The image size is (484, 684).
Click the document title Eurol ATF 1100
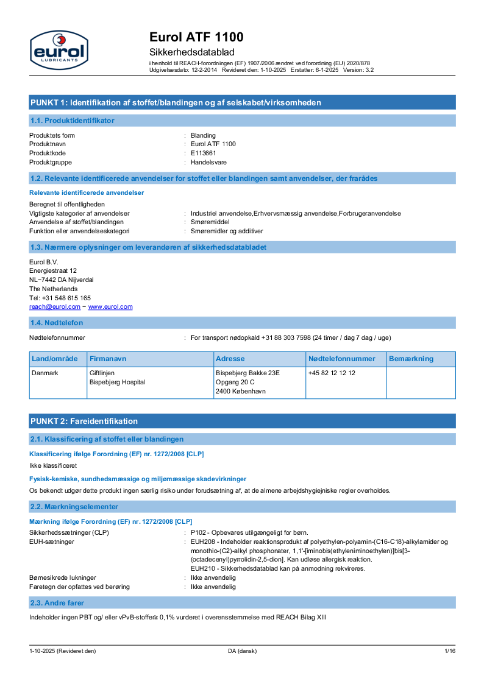(196, 37)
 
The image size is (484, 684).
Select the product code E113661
(203, 153)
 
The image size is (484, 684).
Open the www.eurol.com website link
(110, 307)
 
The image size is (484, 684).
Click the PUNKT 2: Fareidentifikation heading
(84, 421)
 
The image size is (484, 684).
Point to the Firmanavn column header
(108, 359)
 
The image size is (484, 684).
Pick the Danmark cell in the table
(45, 373)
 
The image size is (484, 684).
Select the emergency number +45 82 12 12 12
(332, 373)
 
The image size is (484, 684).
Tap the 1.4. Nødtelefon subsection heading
(57, 323)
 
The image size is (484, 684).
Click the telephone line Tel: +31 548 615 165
(60, 298)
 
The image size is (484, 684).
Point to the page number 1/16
(449, 651)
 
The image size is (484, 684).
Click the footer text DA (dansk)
(242, 651)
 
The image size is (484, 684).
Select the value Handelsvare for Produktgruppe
(208, 162)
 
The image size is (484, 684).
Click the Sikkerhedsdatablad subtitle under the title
(191, 52)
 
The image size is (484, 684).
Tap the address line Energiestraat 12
(53, 270)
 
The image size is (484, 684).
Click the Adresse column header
(230, 359)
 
